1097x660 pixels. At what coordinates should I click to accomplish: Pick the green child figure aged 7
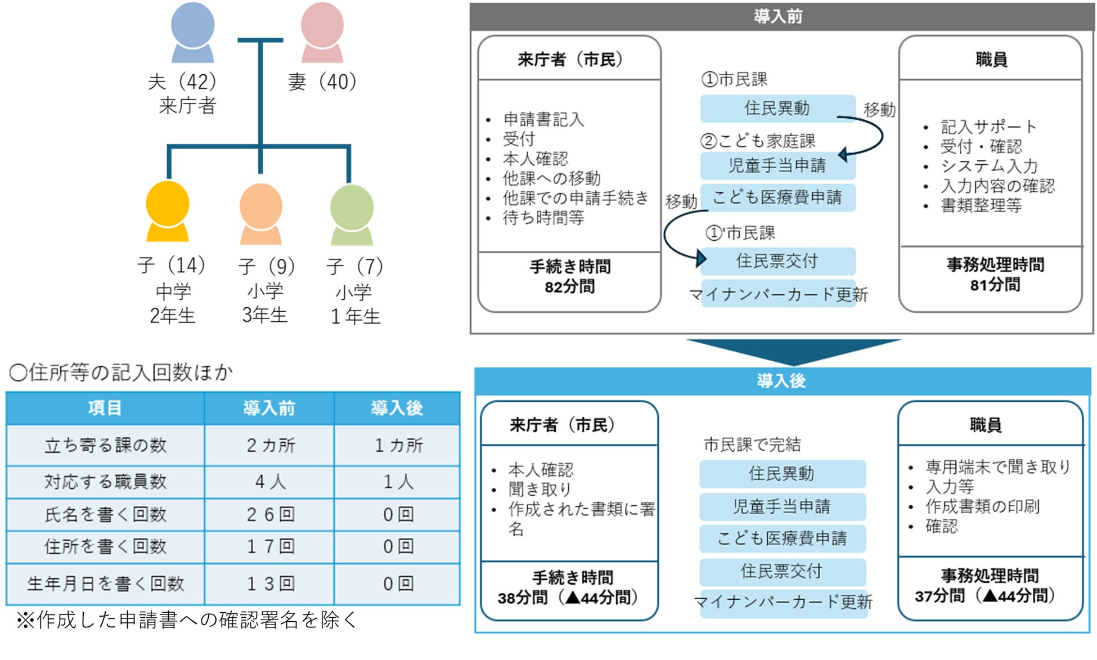[x=352, y=215]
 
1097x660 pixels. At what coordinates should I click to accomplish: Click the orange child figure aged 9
[x=260, y=214]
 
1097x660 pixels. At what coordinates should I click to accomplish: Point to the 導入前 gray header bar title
[x=779, y=17]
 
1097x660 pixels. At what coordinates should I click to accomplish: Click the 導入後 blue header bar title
[x=781, y=381]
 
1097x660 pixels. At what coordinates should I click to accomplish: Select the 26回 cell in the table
[x=270, y=514]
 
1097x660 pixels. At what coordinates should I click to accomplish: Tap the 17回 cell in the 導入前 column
[x=270, y=546]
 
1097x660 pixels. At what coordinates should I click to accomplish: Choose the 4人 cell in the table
[x=270, y=482]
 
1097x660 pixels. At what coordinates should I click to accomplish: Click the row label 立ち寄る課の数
[x=106, y=446]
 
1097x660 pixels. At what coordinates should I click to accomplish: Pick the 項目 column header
[x=105, y=408]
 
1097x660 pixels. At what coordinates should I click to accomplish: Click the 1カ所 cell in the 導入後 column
[x=398, y=446]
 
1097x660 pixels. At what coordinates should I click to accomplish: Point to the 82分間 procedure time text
[x=569, y=287]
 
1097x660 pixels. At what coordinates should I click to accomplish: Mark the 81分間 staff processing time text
[x=995, y=285]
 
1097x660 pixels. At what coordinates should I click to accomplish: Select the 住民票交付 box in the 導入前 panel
[x=777, y=261]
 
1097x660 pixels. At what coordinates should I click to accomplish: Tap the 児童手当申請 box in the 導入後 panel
[x=782, y=506]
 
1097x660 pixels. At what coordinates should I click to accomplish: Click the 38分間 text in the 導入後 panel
[x=523, y=598]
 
